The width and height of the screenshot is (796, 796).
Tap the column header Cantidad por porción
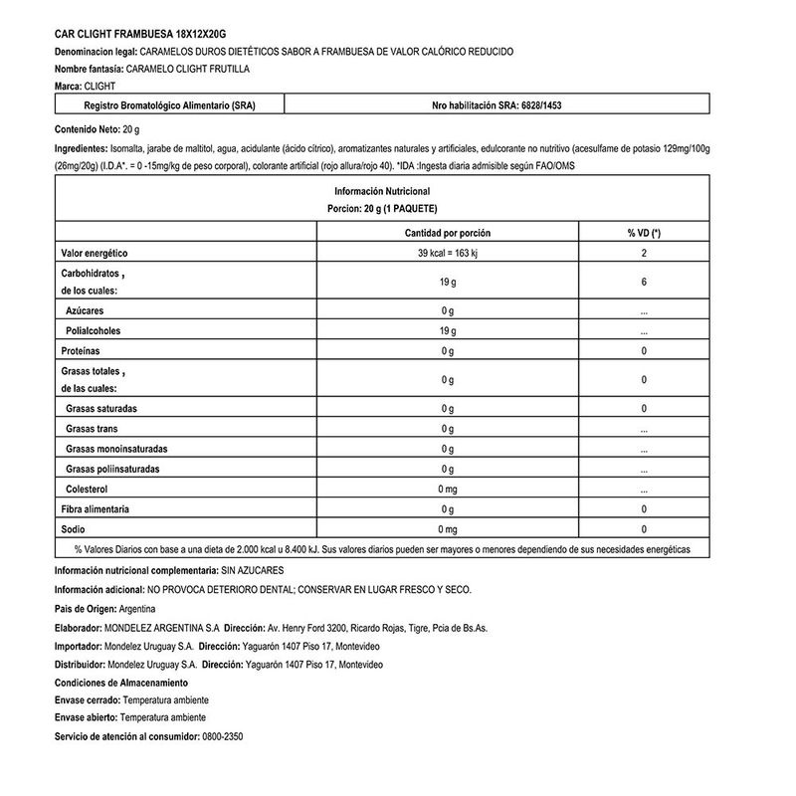pos(447,233)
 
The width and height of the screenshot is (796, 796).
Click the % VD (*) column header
pos(644,233)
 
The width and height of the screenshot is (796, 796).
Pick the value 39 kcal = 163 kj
pos(448,254)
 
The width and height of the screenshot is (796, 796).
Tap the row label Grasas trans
pos(93,429)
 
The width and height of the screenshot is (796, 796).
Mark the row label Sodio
pos(73,529)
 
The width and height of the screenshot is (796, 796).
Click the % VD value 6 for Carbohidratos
pos(644,283)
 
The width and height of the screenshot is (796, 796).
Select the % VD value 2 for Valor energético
pos(644,254)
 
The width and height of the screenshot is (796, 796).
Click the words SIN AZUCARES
pos(254,570)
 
